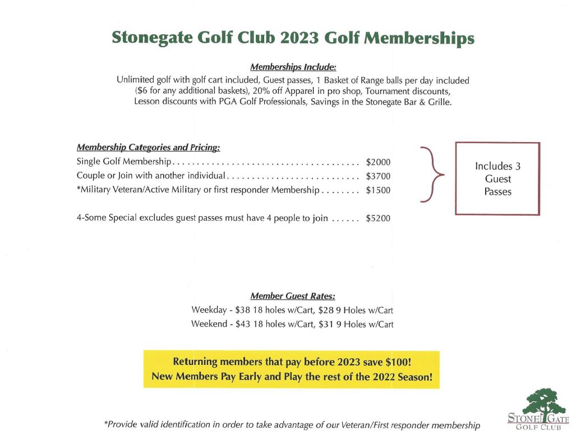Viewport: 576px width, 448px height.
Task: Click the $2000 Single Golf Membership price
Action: tap(377, 162)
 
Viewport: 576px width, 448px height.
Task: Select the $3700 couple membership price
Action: tap(377, 176)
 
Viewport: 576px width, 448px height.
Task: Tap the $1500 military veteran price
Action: tap(377, 190)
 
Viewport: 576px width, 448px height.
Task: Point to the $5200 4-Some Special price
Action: tap(377, 218)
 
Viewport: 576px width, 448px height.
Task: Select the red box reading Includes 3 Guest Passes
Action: tap(497, 179)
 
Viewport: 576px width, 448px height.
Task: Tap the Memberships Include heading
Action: tap(293, 67)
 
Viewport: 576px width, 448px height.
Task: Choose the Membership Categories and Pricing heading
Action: tap(148, 148)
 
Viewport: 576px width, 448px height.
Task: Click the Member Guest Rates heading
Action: tap(292, 296)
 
